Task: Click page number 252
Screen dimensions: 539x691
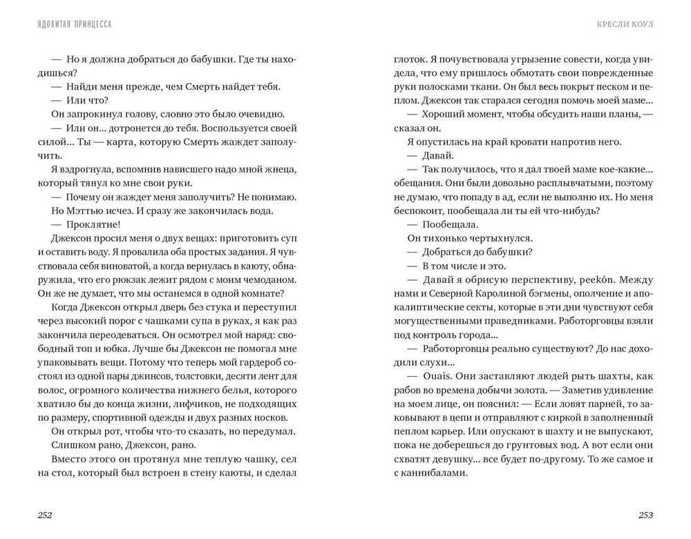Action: tap(46, 516)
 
